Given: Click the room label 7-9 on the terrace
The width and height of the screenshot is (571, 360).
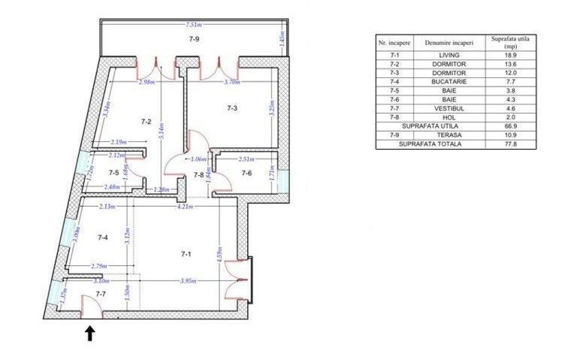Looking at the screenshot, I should (x=194, y=38).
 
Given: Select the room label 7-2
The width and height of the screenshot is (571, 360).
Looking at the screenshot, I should (x=146, y=121).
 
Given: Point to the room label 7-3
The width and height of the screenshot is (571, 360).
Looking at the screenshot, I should (x=233, y=108).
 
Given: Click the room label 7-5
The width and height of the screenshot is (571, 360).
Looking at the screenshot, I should (x=113, y=173).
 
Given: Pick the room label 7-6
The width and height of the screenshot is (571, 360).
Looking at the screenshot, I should (x=246, y=174).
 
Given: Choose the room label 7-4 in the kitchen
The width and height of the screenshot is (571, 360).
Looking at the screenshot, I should (x=104, y=237).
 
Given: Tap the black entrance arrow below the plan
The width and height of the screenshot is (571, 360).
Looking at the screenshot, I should (x=90, y=334).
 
